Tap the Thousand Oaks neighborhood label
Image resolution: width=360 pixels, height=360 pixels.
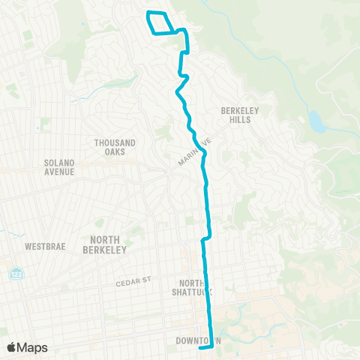tap(115, 147)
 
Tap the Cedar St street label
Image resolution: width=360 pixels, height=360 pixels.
tap(134, 281)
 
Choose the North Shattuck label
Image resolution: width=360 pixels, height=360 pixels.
tap(193, 288)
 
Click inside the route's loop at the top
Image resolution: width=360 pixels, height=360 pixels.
tap(163, 22)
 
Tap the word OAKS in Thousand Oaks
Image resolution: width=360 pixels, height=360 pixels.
tap(115, 151)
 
